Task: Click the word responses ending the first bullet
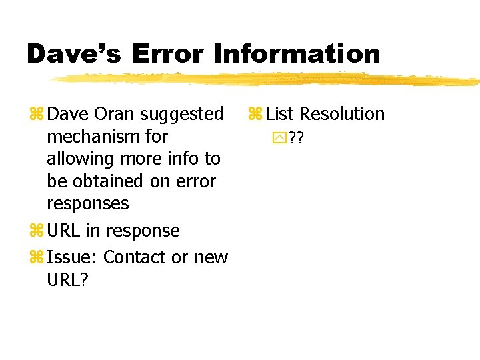click(x=87, y=203)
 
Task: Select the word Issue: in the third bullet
click(x=73, y=257)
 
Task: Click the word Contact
click(x=135, y=257)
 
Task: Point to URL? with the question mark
click(x=67, y=279)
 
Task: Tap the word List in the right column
click(x=279, y=114)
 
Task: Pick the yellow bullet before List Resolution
click(x=255, y=115)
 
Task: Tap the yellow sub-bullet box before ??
click(x=279, y=138)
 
